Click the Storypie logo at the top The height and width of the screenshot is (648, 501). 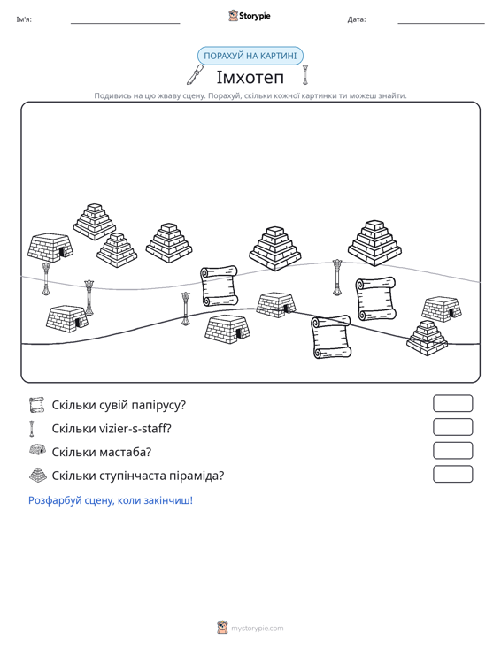[250, 16]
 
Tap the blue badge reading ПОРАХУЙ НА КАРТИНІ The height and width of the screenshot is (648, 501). [250, 56]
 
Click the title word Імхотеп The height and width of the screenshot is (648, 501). [250, 77]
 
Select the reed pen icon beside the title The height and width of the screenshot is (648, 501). [195, 75]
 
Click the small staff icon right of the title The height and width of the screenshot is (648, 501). [305, 75]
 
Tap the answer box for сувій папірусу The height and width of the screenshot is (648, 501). [452, 403]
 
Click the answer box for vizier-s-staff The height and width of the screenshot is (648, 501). [452, 427]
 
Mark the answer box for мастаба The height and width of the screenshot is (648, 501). [452, 451]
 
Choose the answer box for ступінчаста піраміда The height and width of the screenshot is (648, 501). [452, 474]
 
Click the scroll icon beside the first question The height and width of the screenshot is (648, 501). [37, 405]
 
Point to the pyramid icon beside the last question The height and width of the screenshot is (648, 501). [38, 476]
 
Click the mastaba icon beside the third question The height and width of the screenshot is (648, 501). [38, 450]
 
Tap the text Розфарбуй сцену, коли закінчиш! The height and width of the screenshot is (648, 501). [111, 500]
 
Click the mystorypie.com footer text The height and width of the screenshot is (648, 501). [257, 629]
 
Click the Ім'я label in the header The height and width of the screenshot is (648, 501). [24, 19]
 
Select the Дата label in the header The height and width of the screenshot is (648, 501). [356, 19]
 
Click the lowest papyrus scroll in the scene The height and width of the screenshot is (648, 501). [331, 337]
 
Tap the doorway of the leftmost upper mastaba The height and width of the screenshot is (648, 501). [62, 251]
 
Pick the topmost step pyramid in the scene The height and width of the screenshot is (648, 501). [95, 222]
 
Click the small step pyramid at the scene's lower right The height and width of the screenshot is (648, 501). [427, 338]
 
